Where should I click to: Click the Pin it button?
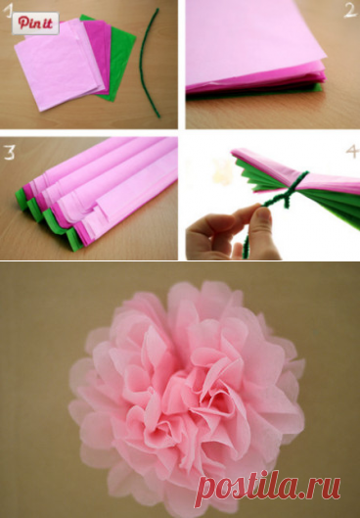35,24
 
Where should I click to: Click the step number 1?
7,11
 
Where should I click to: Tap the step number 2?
350,10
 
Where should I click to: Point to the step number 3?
9,153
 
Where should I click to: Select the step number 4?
352,151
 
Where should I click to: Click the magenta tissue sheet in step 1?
99,50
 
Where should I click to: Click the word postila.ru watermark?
268,488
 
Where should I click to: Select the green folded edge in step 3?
50,218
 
